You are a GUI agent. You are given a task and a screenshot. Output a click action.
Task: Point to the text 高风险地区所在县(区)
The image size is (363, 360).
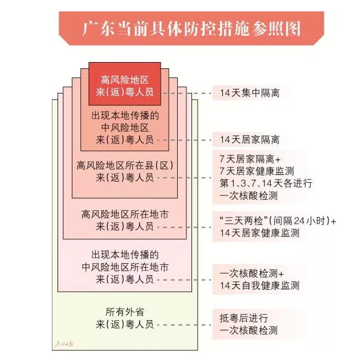point(124,166)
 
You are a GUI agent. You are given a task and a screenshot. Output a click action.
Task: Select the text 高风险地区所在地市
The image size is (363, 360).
point(124,215)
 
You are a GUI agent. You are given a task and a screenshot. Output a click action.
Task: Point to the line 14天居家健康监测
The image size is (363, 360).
point(259,232)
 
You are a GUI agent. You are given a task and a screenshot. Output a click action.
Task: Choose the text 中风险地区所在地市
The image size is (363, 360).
point(124,266)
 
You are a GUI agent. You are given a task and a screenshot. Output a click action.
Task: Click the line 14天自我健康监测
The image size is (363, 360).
point(259,285)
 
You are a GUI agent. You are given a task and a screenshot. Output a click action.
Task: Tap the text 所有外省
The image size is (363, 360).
point(124,312)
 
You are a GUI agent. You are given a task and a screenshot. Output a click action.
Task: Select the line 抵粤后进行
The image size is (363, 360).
point(240,318)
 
